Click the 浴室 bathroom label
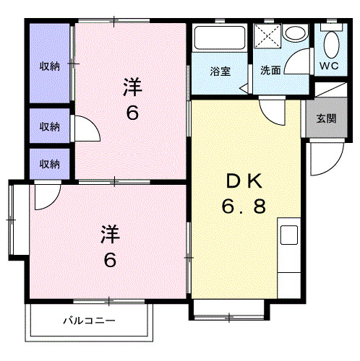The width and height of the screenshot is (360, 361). point(220,71)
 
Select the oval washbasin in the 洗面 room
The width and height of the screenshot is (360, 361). point(294,34)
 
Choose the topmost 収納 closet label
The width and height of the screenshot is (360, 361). point(49,66)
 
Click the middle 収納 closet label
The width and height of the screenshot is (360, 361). point(49,126)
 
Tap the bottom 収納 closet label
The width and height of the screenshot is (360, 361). point(49,163)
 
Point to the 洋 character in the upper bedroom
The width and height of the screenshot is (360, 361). point(131,88)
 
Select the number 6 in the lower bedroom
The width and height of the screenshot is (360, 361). point(108,260)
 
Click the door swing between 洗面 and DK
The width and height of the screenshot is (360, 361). point(273,113)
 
